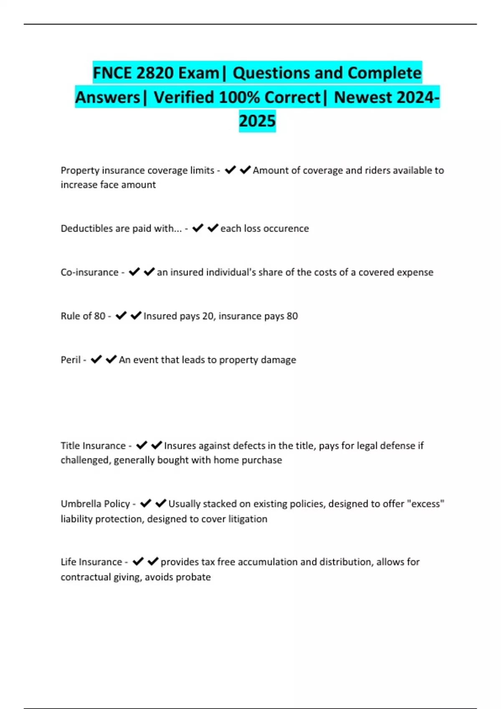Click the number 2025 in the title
tap(257, 121)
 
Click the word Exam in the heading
tap(198, 73)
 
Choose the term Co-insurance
tap(89, 272)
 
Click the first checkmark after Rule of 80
tap(121, 316)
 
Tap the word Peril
tap(70, 360)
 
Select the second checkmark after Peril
tap(111, 360)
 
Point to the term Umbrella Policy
tap(95, 504)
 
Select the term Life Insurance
tap(91, 562)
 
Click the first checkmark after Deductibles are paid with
tap(197, 228)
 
